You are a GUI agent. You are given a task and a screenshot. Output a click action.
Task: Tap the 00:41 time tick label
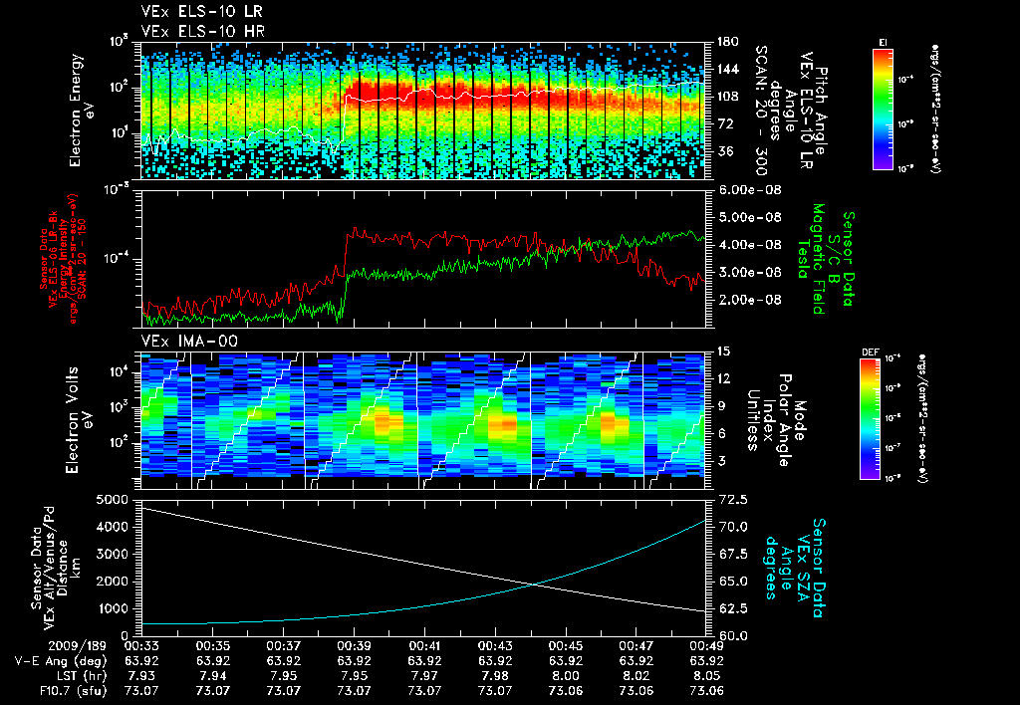[x=425, y=645]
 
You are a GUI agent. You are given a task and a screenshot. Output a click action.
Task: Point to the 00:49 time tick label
[x=707, y=645]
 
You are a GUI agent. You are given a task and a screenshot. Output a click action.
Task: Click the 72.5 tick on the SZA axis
[x=733, y=498]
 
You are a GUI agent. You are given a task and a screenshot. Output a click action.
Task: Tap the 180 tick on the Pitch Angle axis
[x=727, y=43]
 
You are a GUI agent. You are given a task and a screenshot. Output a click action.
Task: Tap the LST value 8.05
[x=707, y=675]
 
